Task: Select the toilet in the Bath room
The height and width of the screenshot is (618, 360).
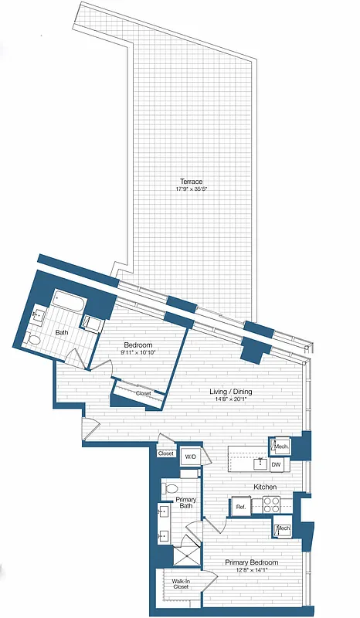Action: point(32,338)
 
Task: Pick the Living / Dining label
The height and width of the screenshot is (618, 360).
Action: point(229,391)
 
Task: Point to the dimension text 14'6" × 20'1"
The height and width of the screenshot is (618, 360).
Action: point(229,399)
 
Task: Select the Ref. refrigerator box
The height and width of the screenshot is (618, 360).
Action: point(240,507)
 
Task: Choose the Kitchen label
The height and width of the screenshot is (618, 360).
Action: point(266,487)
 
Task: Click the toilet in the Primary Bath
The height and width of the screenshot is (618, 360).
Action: point(171,489)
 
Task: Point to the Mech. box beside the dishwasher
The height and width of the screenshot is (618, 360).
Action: point(280,447)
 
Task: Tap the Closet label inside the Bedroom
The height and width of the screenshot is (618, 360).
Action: point(144,393)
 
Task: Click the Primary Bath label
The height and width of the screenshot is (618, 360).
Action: point(187,504)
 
